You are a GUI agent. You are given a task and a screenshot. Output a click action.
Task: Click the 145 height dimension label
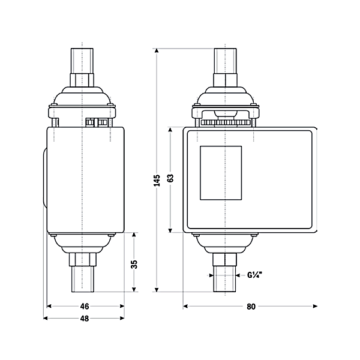157,181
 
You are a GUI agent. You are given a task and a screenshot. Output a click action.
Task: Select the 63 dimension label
170,178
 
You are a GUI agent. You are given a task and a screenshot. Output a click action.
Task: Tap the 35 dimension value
134,265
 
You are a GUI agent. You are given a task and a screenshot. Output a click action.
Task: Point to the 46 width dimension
85,306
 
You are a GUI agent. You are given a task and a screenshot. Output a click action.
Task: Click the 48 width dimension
85,319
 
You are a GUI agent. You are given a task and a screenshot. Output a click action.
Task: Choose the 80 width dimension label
251,307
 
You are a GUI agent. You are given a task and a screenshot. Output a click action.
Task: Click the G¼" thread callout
254,275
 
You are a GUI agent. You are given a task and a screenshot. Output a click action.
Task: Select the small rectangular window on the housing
221,173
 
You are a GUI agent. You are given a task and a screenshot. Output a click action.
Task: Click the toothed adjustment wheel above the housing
225,122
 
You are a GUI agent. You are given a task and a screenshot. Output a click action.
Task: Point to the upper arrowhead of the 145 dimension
157,51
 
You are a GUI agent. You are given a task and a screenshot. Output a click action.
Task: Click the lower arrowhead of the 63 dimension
170,230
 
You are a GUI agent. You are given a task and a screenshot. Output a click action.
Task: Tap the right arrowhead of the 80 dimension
315,306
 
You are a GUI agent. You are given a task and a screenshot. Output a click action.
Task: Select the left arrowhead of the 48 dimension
46,318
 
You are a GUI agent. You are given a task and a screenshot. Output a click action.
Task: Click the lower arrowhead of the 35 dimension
134,290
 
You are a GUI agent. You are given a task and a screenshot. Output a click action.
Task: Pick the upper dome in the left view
82,96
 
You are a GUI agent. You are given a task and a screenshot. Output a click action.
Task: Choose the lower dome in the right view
225,244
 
